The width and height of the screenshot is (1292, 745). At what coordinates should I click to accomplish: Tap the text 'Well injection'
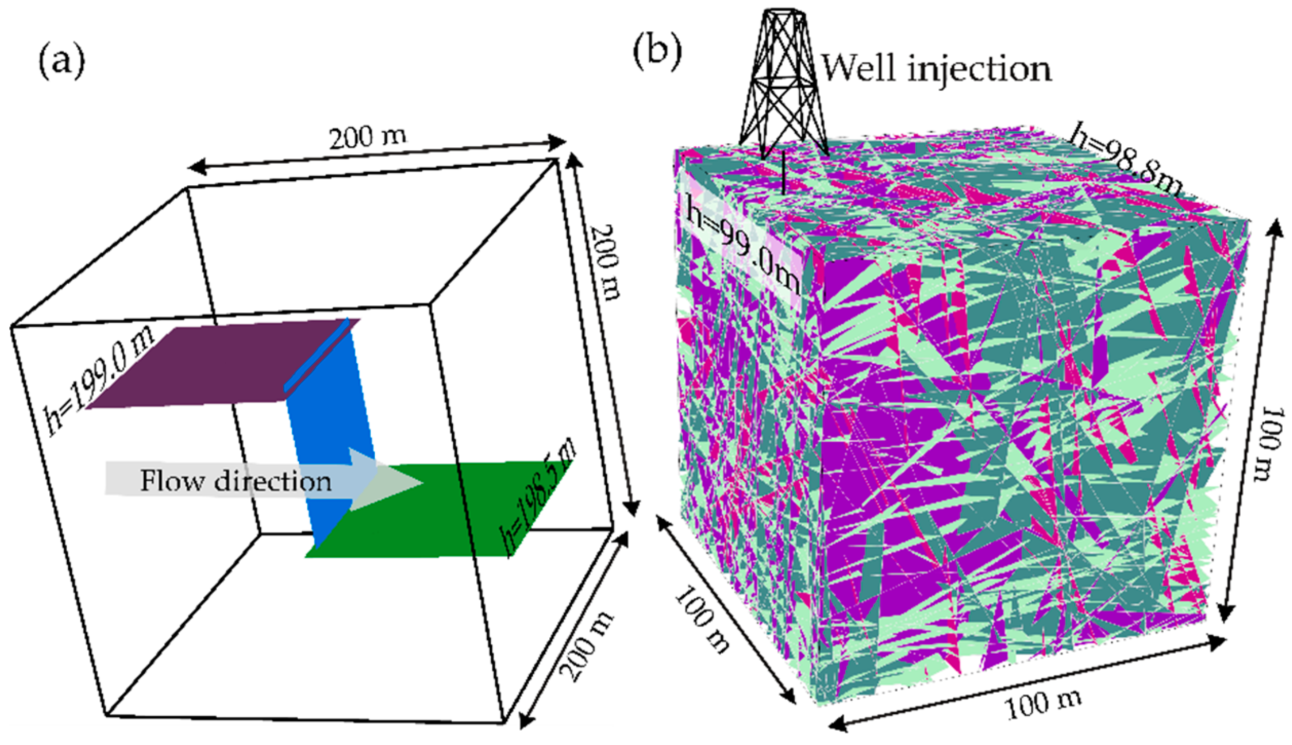click(x=937, y=70)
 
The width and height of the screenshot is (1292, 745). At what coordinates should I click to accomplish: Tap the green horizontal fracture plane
click(x=436, y=518)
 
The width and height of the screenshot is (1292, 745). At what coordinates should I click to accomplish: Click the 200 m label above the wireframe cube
click(x=368, y=138)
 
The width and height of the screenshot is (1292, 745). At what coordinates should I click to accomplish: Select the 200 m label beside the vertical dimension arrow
click(x=606, y=262)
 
